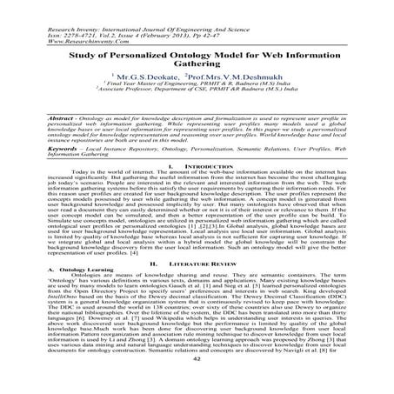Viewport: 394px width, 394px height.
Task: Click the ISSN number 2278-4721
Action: (53, 20)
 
